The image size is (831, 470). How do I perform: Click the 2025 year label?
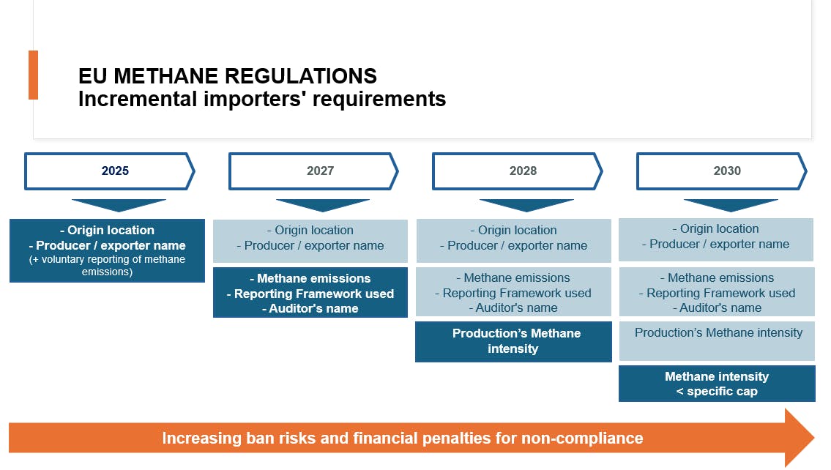[x=115, y=171]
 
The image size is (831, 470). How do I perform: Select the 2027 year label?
[x=320, y=171]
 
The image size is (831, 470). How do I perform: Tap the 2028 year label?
[x=523, y=171]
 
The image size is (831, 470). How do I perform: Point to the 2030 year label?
[x=726, y=171]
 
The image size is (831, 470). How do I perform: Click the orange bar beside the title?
[x=34, y=75]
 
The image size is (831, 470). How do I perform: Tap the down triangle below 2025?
[x=119, y=205]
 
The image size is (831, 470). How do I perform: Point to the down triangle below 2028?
[x=526, y=205]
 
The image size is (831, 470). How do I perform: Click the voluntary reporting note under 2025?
[x=107, y=266]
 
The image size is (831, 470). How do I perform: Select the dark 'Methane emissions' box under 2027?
[x=310, y=293]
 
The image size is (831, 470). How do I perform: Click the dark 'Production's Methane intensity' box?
[x=513, y=342]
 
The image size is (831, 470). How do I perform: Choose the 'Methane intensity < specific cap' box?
[x=717, y=384]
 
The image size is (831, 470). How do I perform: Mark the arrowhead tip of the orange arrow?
[x=814, y=438]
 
